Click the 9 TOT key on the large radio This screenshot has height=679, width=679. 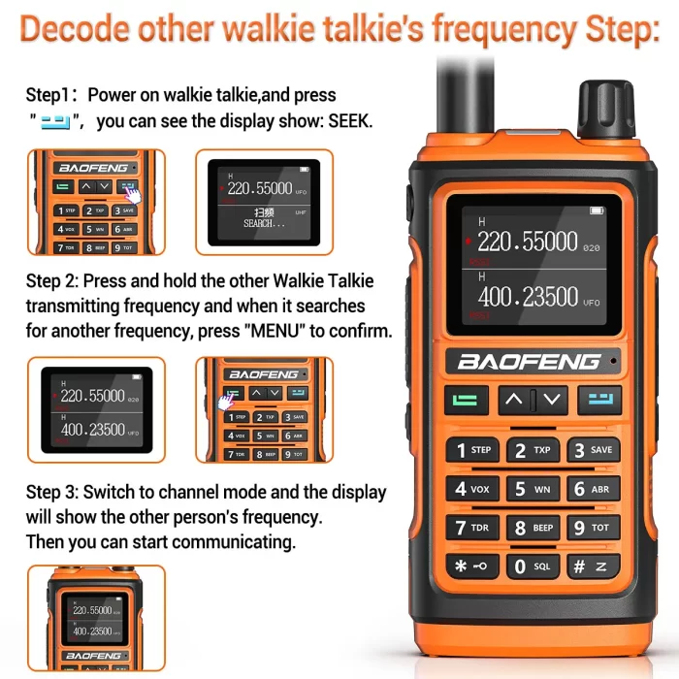click(x=592, y=529)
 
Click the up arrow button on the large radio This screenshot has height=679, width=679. click(x=514, y=399)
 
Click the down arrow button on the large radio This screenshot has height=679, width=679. click(x=551, y=399)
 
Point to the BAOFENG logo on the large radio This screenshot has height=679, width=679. click(x=530, y=362)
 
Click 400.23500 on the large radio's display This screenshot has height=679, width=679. click(x=528, y=297)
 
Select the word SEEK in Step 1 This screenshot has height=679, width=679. click(x=350, y=122)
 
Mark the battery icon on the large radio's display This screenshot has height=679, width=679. click(x=596, y=210)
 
